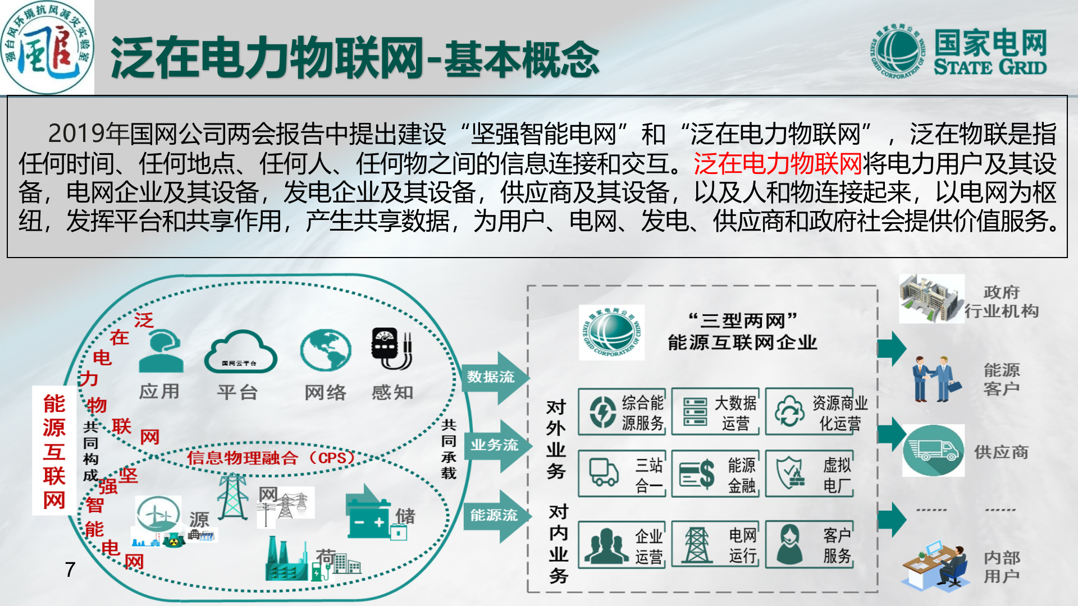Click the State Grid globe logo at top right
[x=898, y=52]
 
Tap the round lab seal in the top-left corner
[x=47, y=48]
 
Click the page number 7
[x=70, y=570]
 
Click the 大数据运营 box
[x=715, y=412]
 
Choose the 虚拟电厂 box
[x=810, y=474]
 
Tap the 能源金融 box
[x=715, y=474]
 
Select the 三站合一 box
[x=622, y=474]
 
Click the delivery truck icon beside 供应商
[x=933, y=450]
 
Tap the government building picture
[x=931, y=299]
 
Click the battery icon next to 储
[x=368, y=516]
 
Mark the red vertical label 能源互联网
[x=54, y=451]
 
